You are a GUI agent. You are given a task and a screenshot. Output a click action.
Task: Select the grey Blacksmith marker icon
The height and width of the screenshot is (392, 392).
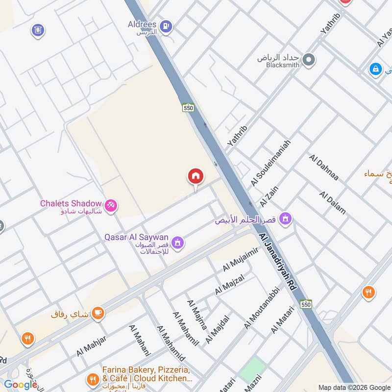coord(308,60)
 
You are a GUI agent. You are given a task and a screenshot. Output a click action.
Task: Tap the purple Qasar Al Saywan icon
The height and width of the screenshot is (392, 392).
coord(178,242)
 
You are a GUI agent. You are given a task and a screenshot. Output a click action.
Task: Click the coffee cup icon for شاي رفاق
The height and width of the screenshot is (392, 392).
coord(98,313)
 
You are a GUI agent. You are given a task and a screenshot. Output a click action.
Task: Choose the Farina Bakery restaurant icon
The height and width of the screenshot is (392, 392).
coord(92,379)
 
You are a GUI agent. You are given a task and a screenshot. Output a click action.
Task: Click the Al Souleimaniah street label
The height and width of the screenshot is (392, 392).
coord(270,163)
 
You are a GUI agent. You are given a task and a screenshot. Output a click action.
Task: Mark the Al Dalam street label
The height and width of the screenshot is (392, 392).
coord(332,202)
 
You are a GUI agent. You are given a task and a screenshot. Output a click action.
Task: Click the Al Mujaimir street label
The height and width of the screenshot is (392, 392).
coord(240,260)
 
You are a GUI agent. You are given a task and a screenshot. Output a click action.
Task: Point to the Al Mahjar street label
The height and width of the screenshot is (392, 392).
coord(91,345)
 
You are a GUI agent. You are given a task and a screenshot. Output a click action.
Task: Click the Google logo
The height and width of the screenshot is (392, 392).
coord(21,385)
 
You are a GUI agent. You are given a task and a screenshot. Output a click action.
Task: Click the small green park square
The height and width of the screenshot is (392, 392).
coord(252,369)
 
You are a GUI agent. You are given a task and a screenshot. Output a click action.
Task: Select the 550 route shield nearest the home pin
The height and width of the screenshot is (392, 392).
coord(188,108)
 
